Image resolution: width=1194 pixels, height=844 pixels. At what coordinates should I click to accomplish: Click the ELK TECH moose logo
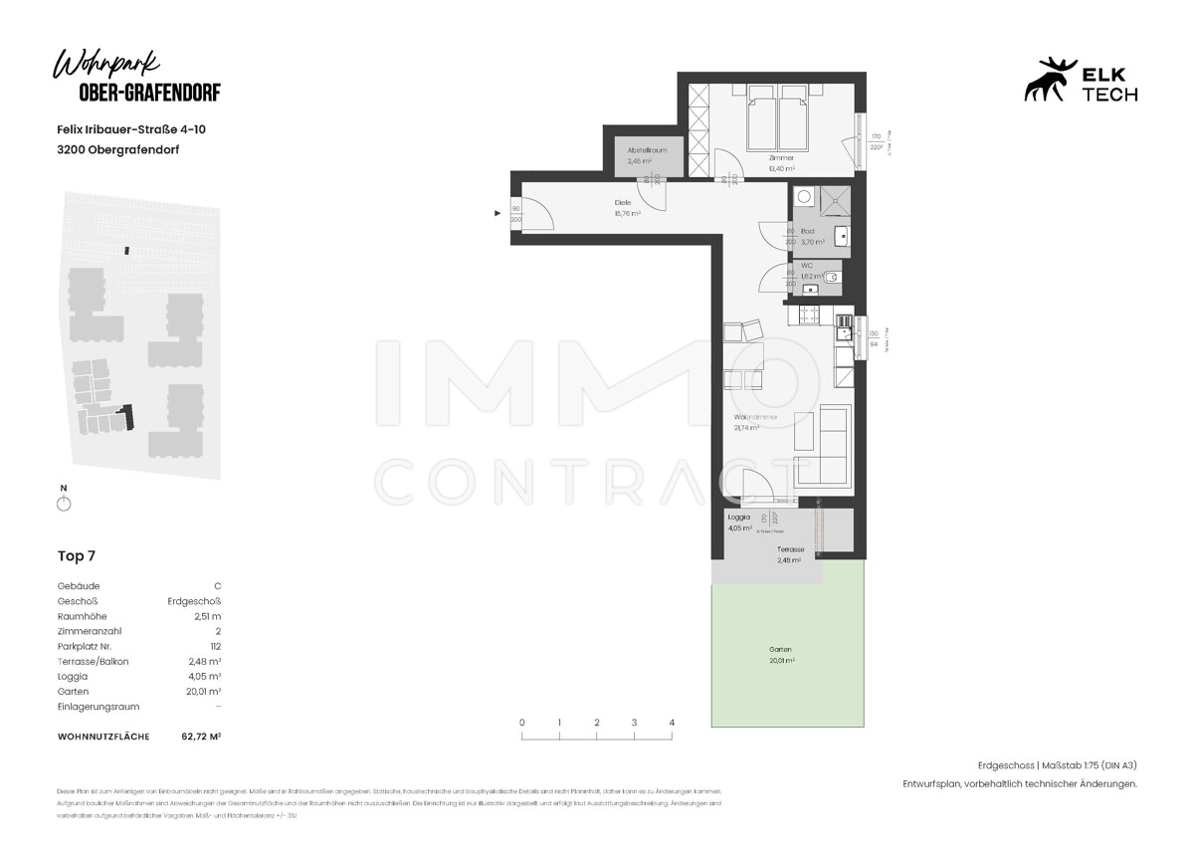click(x=1050, y=80)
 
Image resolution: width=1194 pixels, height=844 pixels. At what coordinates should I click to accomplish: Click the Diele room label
click(x=623, y=203)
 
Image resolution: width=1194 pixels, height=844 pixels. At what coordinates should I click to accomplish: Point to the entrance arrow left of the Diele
click(x=497, y=212)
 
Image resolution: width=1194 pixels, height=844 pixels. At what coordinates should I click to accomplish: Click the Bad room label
click(x=808, y=231)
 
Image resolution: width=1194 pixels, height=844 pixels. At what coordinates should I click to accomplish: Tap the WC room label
click(x=807, y=265)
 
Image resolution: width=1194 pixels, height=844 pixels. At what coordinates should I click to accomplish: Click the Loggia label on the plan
click(x=738, y=519)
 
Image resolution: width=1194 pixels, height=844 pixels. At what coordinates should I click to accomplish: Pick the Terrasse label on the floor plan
click(x=791, y=549)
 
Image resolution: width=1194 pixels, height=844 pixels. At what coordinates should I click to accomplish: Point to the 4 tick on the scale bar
click(x=672, y=724)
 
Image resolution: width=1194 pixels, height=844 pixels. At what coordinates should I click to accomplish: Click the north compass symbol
click(x=64, y=504)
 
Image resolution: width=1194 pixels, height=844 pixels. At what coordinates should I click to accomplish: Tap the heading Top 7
click(x=78, y=556)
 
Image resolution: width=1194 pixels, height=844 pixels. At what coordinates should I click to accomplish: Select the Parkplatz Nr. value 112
click(x=216, y=647)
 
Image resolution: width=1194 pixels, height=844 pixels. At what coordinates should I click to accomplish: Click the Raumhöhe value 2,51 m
click(x=208, y=617)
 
